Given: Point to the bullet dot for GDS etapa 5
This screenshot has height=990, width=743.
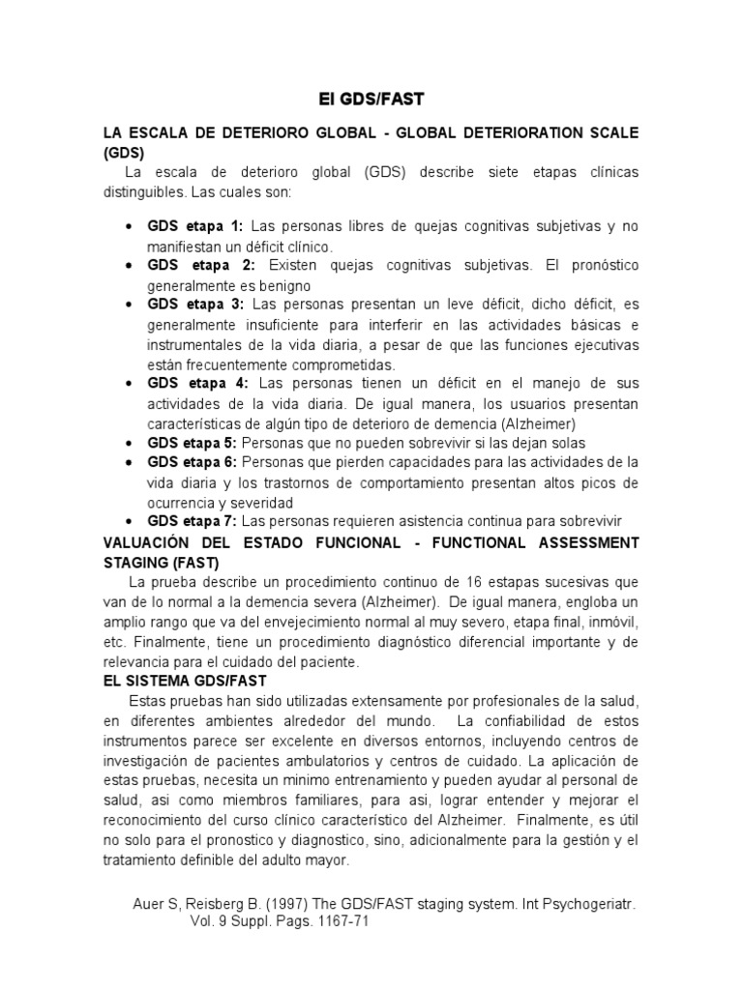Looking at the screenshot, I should pos(130,444).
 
